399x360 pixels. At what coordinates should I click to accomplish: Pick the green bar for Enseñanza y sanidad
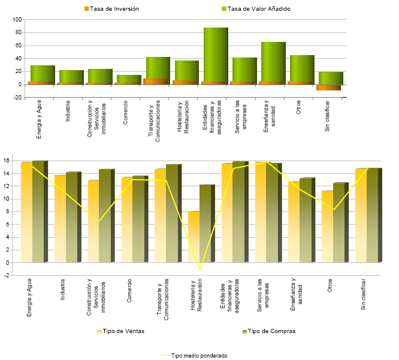pos(273,61)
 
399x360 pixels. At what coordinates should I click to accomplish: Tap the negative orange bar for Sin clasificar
pos(328,87)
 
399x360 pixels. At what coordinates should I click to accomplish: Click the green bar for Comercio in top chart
pos(129,78)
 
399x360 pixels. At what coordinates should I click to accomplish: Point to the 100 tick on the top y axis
pos(17,20)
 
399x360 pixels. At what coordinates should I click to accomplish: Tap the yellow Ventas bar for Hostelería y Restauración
pos(194,237)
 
